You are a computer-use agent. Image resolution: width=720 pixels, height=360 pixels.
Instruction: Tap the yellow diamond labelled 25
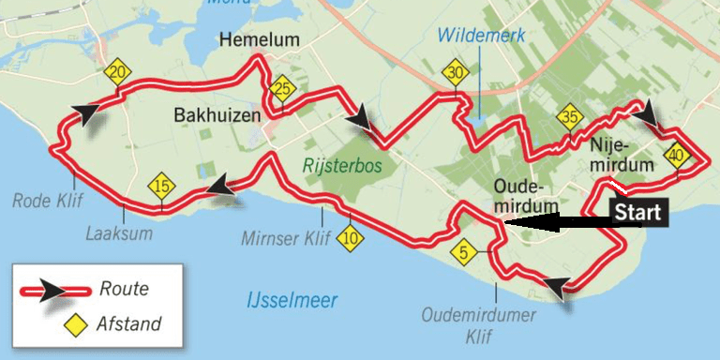[280, 90]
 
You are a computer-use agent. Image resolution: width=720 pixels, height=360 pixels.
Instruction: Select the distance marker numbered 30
[455, 74]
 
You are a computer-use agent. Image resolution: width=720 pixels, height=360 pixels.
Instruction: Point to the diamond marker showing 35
[569, 118]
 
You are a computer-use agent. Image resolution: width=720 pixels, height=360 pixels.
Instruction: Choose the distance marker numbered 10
[351, 238]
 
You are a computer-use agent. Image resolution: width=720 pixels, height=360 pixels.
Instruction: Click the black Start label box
[638, 212]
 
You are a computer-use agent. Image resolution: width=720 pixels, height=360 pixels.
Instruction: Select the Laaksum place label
[119, 233]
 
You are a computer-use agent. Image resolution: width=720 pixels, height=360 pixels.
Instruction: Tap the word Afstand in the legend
[128, 324]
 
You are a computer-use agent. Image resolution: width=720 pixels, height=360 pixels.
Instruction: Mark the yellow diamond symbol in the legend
[71, 324]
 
